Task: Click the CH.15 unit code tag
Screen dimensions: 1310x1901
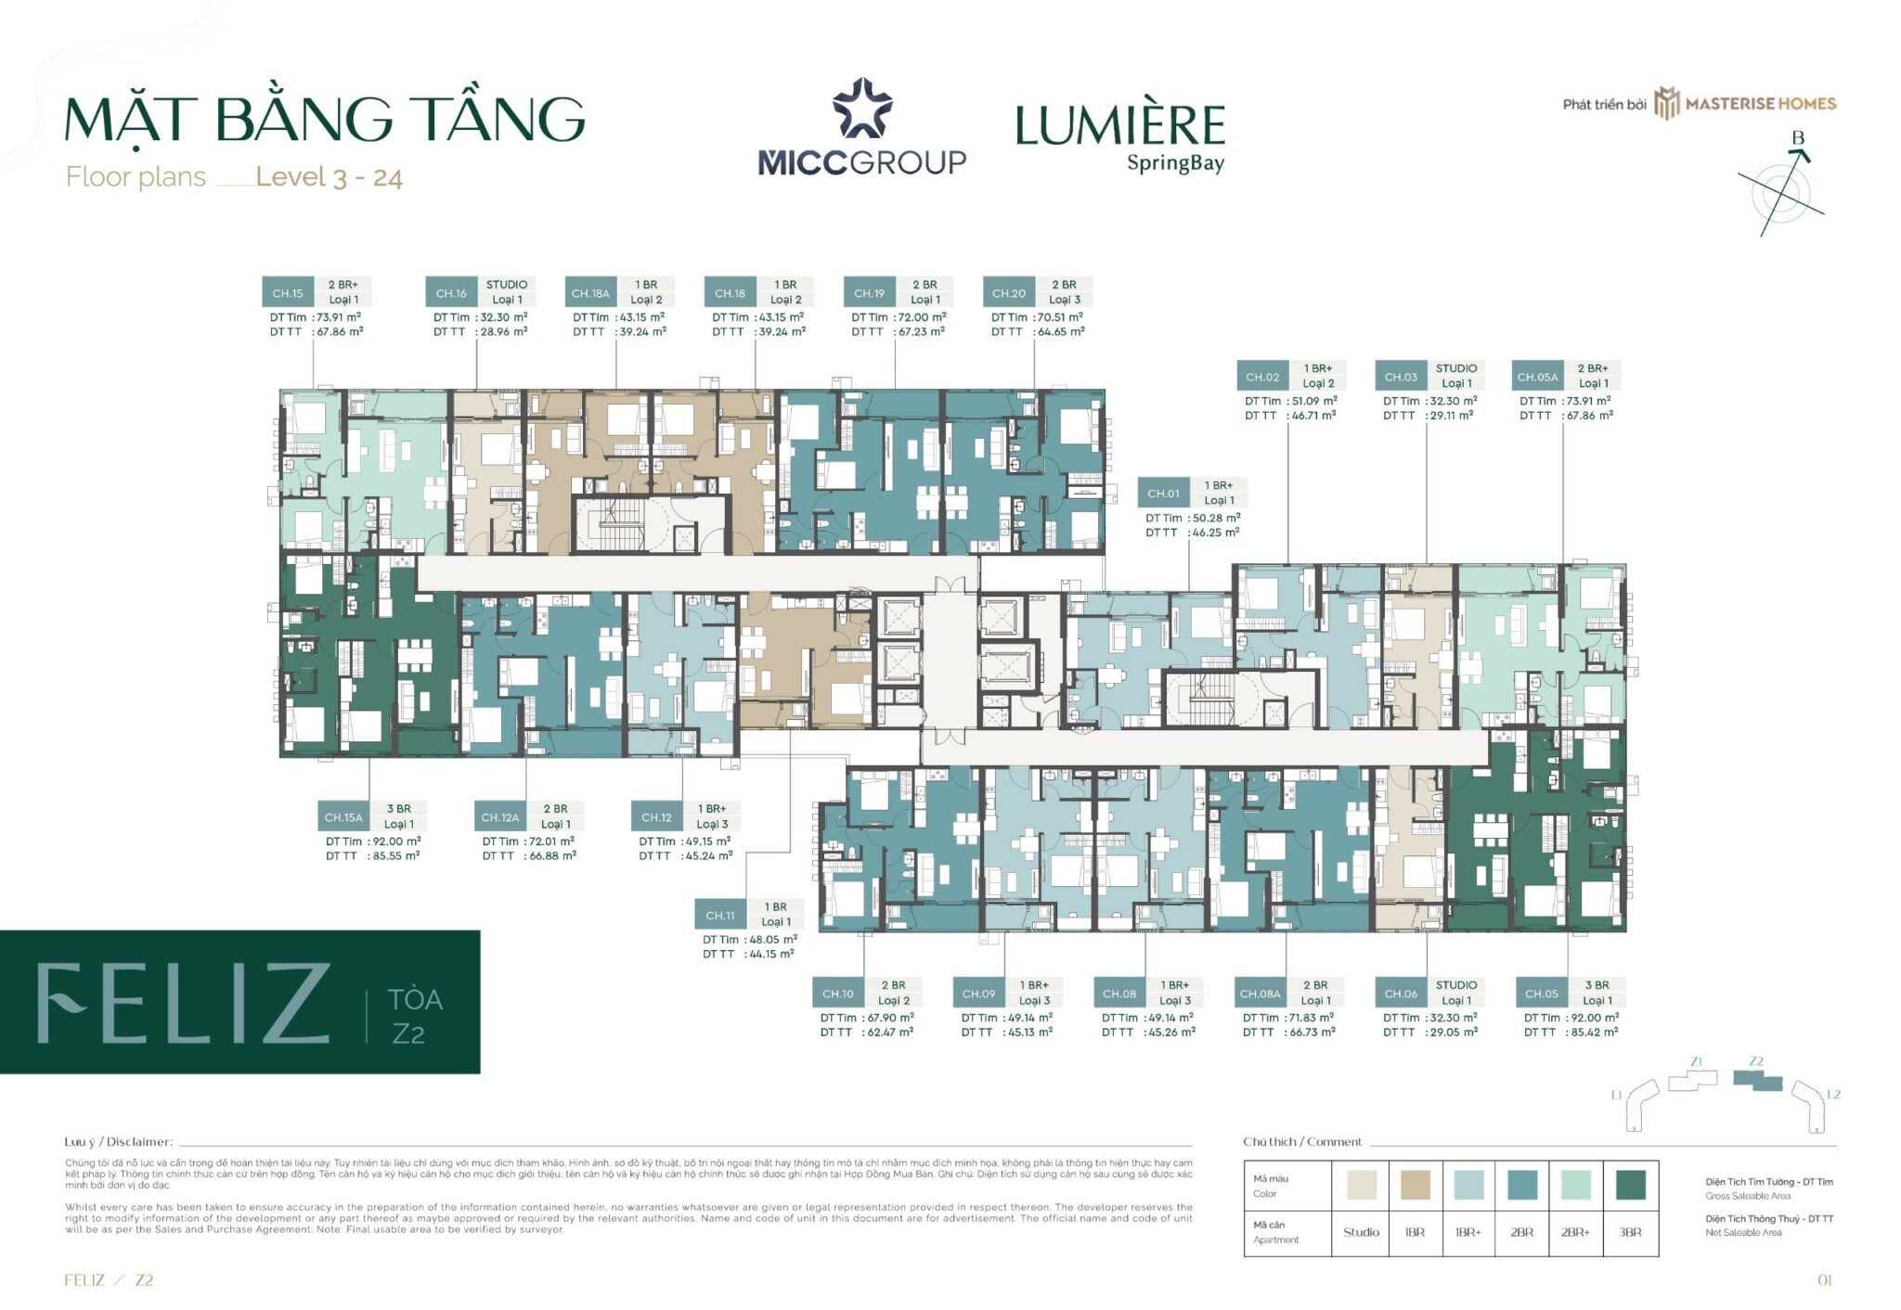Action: tap(288, 293)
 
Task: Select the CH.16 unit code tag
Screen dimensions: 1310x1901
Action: tap(451, 293)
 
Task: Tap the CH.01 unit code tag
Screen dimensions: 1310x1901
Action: tap(1163, 494)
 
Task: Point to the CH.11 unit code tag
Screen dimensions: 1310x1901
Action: tap(720, 916)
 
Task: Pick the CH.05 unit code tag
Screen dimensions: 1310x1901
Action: tap(1541, 994)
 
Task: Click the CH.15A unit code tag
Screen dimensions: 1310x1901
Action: tap(343, 817)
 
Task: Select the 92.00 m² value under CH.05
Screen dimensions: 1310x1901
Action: tap(1595, 1018)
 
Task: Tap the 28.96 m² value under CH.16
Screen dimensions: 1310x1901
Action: tap(504, 331)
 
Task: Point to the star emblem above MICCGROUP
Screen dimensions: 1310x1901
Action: tap(862, 109)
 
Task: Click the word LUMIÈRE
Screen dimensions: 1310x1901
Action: tap(1119, 126)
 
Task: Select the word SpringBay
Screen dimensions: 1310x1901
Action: tap(1175, 164)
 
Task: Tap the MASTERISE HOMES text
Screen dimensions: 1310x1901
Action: tap(1760, 104)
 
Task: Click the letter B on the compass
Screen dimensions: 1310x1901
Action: tap(1798, 138)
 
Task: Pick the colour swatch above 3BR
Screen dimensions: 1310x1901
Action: tap(1630, 1185)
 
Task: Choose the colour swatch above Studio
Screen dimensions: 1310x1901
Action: tap(1361, 1185)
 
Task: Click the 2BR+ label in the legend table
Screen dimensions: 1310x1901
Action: tap(1575, 1232)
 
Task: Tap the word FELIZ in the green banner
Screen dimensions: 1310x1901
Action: tap(184, 1003)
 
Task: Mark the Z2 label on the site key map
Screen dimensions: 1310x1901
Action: tap(1755, 1061)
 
